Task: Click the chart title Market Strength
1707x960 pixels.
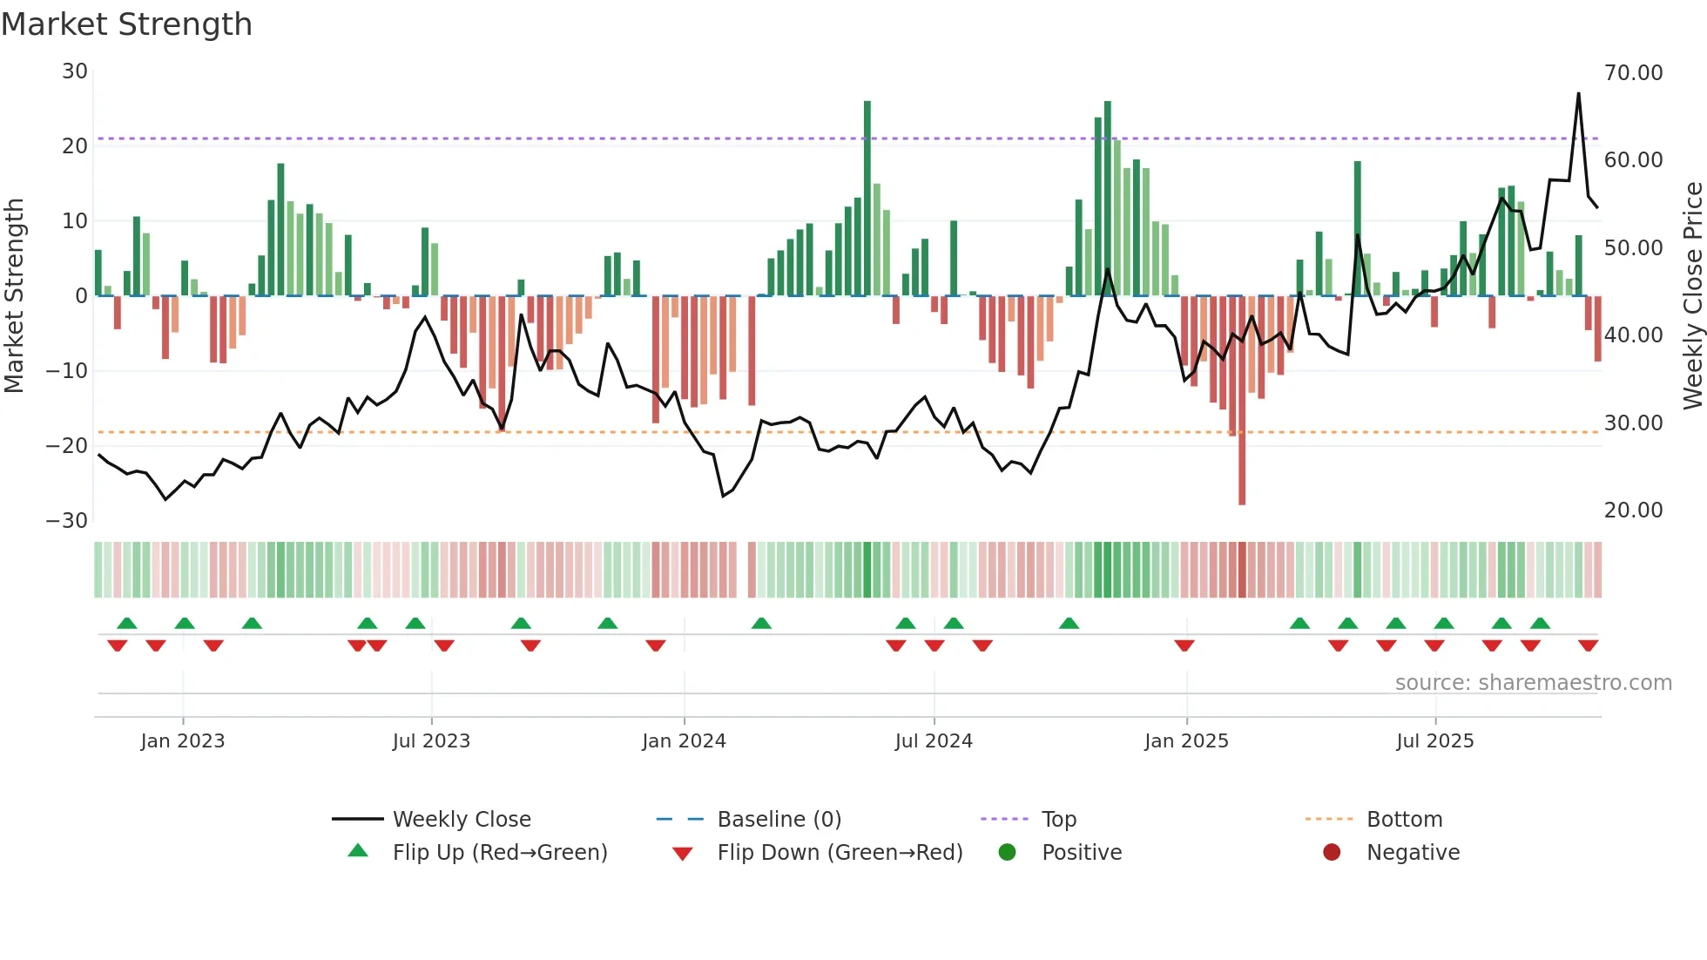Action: click(x=126, y=24)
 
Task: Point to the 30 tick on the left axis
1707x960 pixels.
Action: click(x=75, y=71)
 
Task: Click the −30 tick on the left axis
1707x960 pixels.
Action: click(x=67, y=521)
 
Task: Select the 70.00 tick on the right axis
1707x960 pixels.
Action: click(x=1633, y=73)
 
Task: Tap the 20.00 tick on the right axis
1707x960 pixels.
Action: click(x=1633, y=510)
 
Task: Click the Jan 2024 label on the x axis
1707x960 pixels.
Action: click(x=684, y=741)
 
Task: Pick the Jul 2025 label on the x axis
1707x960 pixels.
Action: click(x=1434, y=741)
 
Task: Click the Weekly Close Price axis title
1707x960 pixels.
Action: click(x=1692, y=296)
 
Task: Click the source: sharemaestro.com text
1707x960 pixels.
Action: click(x=1533, y=683)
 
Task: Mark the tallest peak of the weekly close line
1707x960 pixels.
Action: click(x=1578, y=94)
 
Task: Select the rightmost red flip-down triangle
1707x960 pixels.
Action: click(x=1588, y=646)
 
